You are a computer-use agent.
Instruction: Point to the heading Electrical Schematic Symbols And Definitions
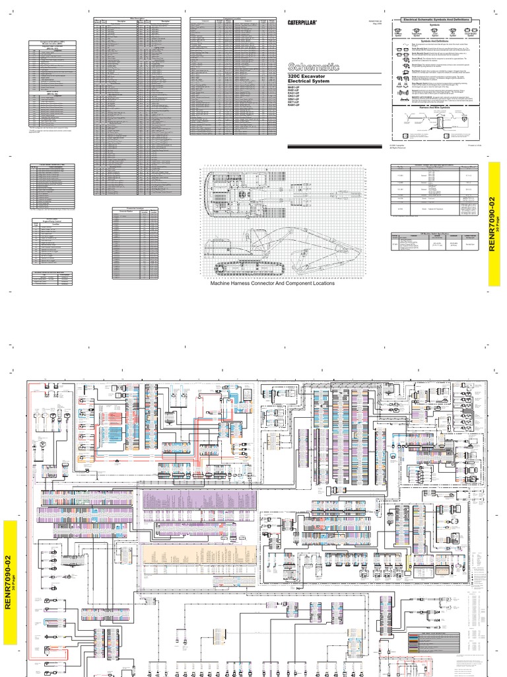[x=441, y=22]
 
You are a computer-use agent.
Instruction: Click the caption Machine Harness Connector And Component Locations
[x=272, y=283]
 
